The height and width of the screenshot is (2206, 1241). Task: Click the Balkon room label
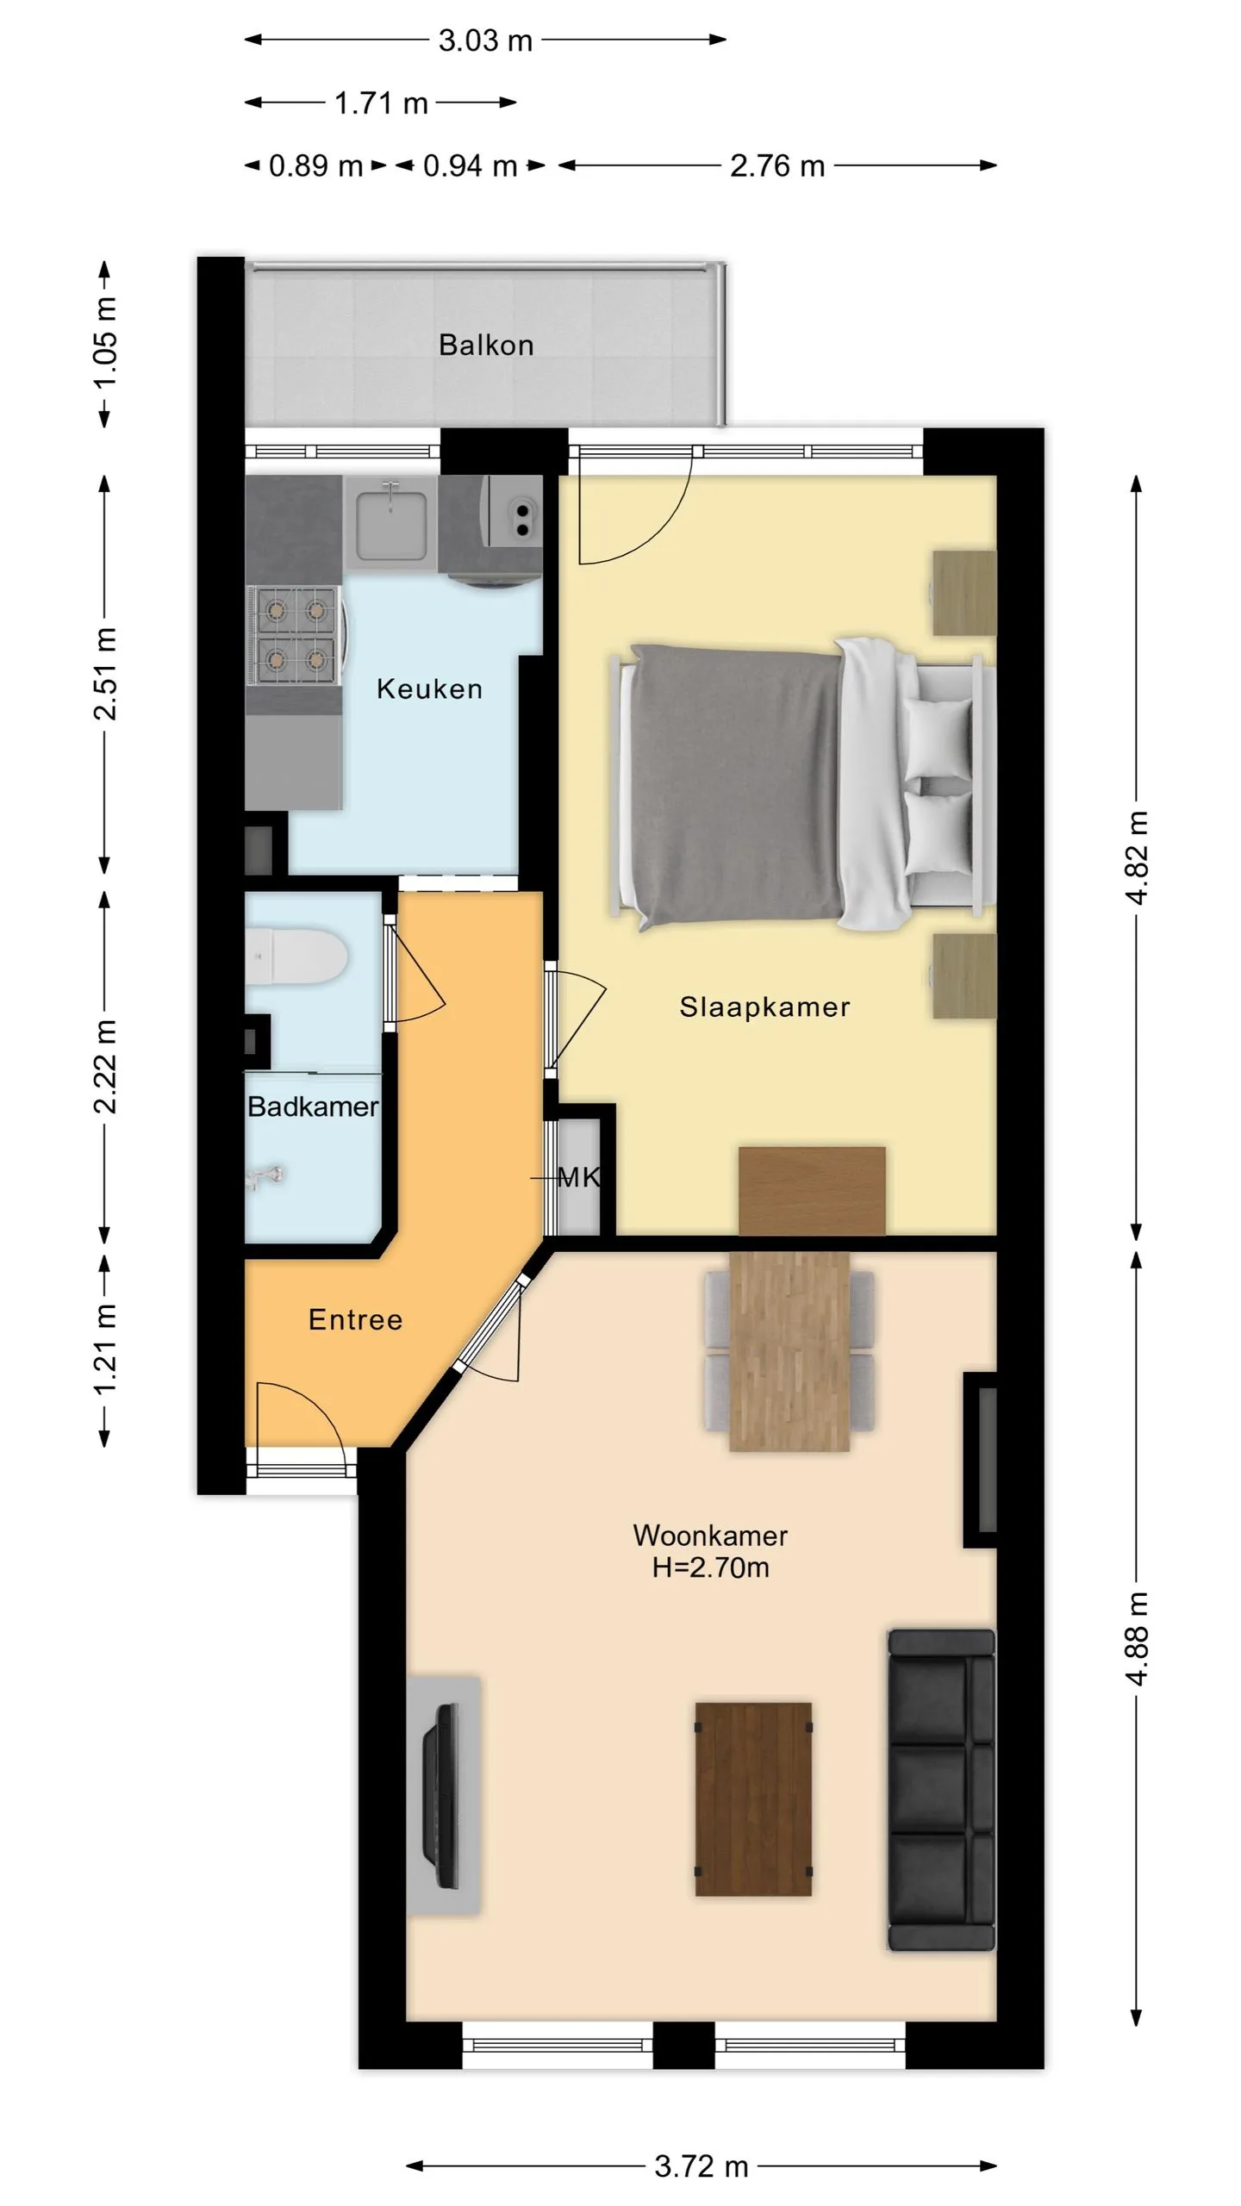point(486,345)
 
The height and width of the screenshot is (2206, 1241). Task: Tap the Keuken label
point(429,689)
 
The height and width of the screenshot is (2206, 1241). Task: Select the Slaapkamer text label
point(764,1006)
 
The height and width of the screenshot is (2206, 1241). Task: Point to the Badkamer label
point(313,1106)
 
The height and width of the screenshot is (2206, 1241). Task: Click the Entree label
point(355,1319)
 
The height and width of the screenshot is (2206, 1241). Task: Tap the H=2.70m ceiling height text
point(710,1567)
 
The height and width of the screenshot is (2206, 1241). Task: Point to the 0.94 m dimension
point(470,165)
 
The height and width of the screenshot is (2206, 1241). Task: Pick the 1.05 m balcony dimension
point(105,343)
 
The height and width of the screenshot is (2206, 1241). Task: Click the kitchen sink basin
point(390,521)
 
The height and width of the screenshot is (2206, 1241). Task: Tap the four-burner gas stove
point(296,636)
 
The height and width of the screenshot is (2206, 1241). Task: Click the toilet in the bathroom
point(296,957)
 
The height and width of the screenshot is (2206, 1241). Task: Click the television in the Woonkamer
point(442,1795)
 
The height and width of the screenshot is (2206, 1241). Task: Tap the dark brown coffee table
point(753,1798)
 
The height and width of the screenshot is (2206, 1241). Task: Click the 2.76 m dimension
point(777,165)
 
